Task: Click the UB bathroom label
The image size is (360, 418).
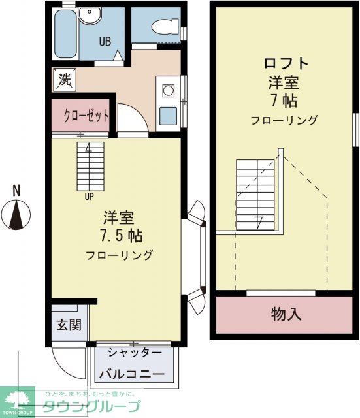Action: (x=105, y=41)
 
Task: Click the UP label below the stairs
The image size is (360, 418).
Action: (x=88, y=194)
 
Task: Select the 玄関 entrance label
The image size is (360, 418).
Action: (x=66, y=325)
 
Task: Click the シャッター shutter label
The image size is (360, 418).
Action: (x=135, y=353)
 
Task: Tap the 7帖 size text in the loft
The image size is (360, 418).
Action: (x=283, y=101)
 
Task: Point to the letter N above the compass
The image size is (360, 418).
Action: (x=17, y=191)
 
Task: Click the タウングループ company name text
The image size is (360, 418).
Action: (x=91, y=406)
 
